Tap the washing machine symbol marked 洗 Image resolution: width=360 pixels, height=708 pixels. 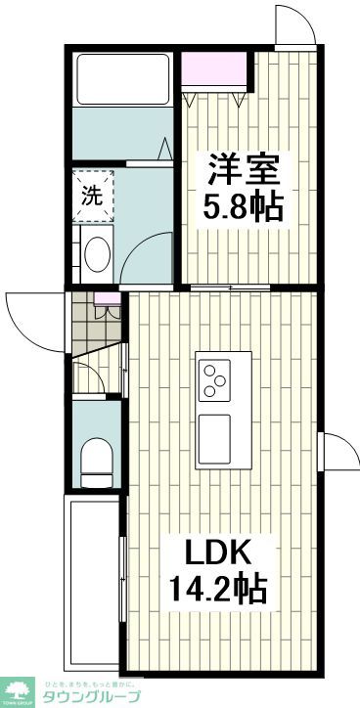click(x=92, y=195)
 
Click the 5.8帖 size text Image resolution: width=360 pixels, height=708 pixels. click(x=245, y=206)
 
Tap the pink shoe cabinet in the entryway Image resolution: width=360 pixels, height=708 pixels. click(x=108, y=310)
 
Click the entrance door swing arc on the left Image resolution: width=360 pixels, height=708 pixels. click(x=29, y=315)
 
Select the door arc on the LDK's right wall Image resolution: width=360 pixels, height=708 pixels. click(x=337, y=453)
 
